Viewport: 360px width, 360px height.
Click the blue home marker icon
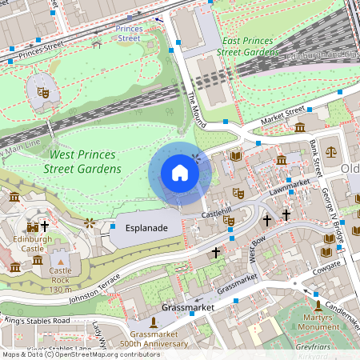pyautogui.click(x=180, y=172)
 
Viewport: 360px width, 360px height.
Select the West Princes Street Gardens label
pyautogui.click(x=85, y=161)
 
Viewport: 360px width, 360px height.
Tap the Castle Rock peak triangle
pyautogui.click(x=60, y=260)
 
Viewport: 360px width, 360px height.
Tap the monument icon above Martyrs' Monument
pyautogui.click(x=318, y=305)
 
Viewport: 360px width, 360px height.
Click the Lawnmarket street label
pyautogui.click(x=289, y=187)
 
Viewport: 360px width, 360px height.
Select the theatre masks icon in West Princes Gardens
pyautogui.click(x=44, y=93)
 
